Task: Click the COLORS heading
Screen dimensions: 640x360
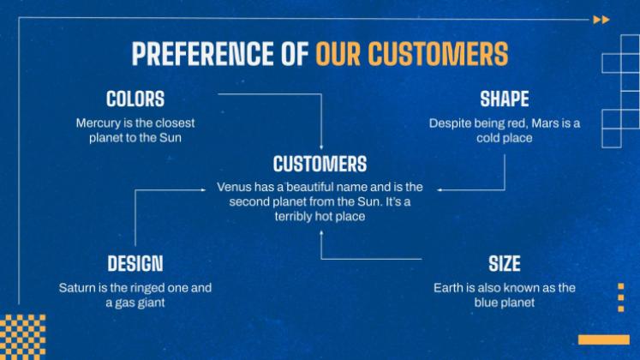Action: coord(135,99)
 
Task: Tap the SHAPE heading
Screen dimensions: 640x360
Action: coord(504,99)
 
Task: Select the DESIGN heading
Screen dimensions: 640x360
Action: coord(135,264)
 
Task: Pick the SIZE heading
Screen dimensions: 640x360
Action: coord(505,264)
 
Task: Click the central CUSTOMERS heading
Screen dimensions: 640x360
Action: coord(320,164)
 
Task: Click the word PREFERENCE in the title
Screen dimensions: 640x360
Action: coord(202,53)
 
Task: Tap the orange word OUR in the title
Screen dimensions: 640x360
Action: coord(338,53)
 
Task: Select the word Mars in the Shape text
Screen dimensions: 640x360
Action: coord(545,123)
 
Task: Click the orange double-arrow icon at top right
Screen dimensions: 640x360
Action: coord(601,20)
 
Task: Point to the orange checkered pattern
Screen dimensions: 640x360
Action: coord(23,337)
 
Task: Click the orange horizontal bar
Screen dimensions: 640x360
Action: coord(604,339)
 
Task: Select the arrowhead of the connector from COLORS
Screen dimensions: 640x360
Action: coord(321,147)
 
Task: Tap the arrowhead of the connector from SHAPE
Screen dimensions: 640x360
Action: coord(440,189)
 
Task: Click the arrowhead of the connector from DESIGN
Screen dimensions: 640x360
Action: coord(203,189)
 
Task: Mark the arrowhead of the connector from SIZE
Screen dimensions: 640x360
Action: coord(321,232)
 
